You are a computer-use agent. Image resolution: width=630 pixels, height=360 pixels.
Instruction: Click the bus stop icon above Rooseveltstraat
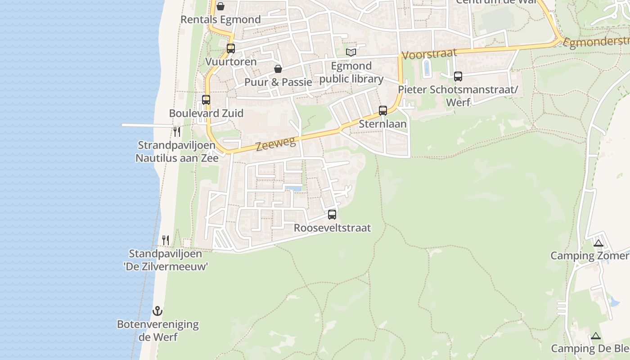click(332, 215)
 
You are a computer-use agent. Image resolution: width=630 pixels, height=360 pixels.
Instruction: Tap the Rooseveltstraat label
click(332, 228)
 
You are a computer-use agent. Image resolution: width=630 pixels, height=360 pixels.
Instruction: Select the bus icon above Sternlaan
click(383, 111)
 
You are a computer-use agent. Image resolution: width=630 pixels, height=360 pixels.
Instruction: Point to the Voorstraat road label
click(429, 54)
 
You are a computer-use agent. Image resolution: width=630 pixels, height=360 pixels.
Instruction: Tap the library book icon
click(351, 53)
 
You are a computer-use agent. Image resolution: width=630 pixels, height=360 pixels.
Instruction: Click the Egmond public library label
click(351, 72)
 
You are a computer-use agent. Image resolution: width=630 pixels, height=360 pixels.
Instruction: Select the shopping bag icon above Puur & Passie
click(278, 69)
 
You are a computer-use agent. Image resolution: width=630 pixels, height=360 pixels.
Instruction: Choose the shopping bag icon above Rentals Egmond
click(220, 6)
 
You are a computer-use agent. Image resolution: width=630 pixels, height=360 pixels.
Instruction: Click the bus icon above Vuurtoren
click(231, 49)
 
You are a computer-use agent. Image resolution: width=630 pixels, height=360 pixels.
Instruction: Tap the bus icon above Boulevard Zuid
click(206, 100)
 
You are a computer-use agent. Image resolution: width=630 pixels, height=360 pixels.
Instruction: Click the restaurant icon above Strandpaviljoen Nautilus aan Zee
click(177, 131)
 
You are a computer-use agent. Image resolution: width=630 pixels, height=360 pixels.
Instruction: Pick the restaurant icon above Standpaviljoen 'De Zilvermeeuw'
click(166, 240)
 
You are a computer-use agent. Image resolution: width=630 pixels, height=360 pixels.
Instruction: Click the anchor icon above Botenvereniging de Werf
click(157, 310)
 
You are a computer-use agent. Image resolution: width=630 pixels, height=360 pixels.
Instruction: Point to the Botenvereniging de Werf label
click(157, 331)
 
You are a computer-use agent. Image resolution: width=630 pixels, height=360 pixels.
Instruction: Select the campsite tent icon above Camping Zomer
click(598, 243)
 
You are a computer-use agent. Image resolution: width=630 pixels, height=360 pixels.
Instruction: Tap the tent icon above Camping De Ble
click(596, 336)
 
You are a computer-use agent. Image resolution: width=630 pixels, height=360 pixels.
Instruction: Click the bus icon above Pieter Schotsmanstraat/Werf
click(458, 76)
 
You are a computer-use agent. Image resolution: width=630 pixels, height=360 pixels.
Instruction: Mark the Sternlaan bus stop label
click(382, 124)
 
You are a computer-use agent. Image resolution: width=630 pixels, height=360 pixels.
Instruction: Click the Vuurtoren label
click(231, 62)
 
